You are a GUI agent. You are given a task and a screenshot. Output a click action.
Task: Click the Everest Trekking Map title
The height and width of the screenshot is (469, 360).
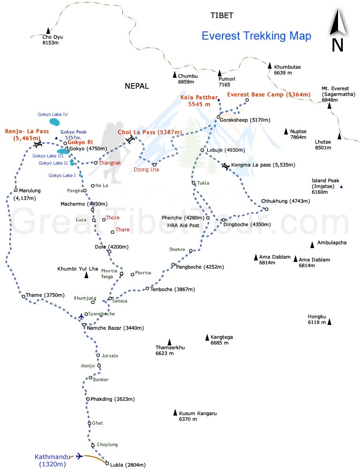pos(256,36)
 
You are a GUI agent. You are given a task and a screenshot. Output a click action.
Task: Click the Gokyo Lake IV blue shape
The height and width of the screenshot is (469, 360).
pos(54,122)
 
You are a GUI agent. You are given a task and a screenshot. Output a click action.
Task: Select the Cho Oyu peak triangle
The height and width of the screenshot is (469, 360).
pos(48,31)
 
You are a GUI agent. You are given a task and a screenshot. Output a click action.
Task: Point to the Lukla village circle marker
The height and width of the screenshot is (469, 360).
pos(107,463)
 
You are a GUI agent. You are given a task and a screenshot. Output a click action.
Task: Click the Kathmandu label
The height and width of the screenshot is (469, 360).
pos(53,460)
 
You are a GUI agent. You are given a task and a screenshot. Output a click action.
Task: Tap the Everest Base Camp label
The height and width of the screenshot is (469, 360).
pos(268,94)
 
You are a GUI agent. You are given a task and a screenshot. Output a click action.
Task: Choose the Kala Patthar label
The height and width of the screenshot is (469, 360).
pos(199,101)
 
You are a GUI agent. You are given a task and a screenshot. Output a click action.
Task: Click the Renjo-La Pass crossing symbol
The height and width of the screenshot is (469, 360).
pos(38,144)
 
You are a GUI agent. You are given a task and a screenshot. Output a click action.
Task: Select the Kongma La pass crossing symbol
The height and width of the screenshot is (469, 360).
pos(226,166)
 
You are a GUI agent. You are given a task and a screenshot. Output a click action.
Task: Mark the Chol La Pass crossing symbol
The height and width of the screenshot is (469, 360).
pos(130,139)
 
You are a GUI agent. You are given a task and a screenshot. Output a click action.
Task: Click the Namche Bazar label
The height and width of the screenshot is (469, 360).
pos(115,328)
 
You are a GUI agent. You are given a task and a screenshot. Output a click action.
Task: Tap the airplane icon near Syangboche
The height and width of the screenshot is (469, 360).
pos(81,316)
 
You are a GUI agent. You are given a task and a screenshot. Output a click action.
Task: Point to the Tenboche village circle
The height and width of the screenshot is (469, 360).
pos(147,289)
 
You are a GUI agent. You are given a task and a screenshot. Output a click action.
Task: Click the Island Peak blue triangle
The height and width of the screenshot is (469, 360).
pos(341,187)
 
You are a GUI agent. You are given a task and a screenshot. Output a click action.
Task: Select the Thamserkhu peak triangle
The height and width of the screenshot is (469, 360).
pos(169,342)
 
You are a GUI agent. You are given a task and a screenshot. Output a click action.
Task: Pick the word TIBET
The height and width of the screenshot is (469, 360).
pos(222,16)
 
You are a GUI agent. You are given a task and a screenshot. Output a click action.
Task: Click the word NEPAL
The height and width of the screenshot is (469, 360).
pos(137,86)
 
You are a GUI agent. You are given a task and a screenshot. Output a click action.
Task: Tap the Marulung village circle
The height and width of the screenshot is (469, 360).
pos(16,190)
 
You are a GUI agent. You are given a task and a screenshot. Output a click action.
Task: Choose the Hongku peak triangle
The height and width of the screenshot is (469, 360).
pos(329,322)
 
